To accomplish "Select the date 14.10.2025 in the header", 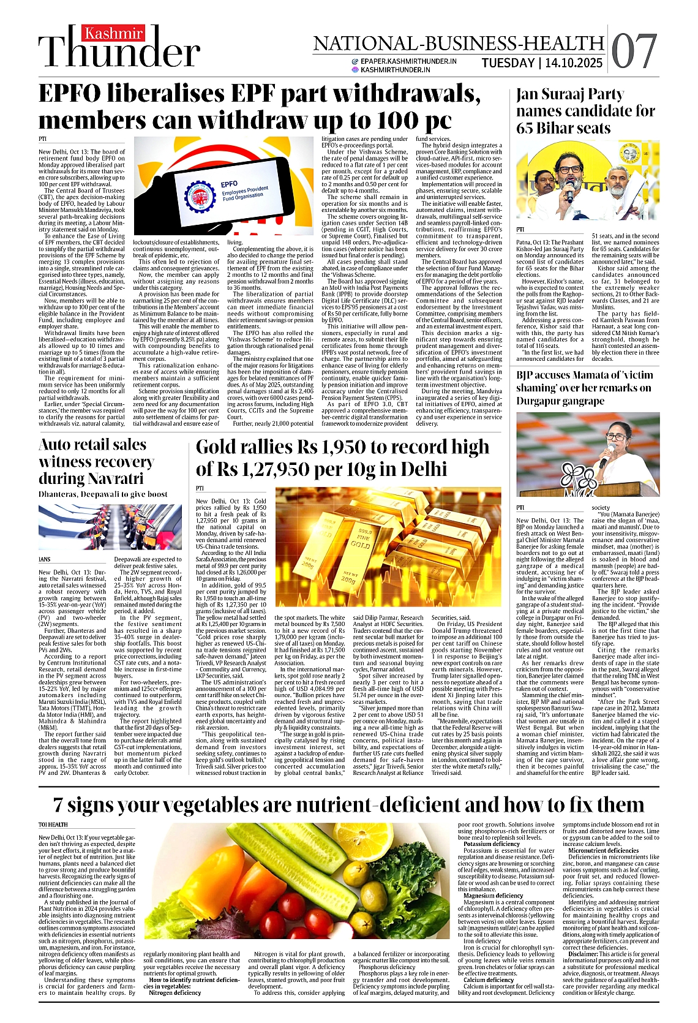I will (x=573, y=63).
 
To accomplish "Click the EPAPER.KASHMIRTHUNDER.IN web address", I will (x=408, y=61).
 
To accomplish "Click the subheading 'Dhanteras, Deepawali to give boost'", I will (x=103, y=494).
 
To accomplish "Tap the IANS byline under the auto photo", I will (x=45, y=559).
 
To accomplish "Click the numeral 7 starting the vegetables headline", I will (x=59, y=805).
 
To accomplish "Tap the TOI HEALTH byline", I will (x=53, y=825).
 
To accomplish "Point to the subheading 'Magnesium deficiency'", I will (x=493, y=896).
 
